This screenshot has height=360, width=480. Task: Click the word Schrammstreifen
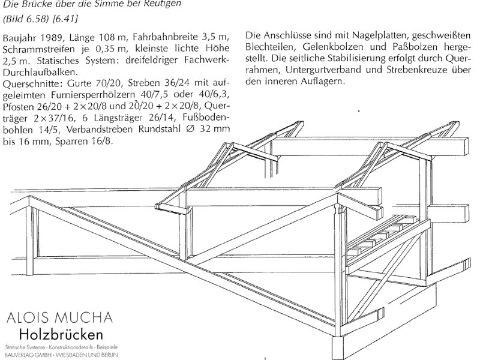click(38, 49)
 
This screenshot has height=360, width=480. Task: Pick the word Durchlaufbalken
click(39, 72)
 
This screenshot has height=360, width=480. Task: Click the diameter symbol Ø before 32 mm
click(190, 129)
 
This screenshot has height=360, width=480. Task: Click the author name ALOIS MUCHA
click(59, 318)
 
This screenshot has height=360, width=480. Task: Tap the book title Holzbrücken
click(61, 334)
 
